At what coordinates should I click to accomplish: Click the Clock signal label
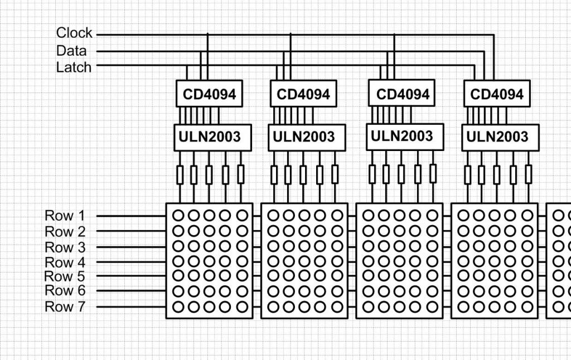pos(74,33)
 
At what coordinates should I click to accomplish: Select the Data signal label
pos(71,51)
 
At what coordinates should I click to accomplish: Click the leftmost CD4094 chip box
pos(209,94)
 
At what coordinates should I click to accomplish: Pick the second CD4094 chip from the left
pos(303,94)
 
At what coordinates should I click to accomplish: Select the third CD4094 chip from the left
pos(403,94)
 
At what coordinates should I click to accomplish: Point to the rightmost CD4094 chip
pos(497,94)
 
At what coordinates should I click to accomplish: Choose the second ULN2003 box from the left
pos(307,137)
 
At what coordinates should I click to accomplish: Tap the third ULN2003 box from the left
pos(405,137)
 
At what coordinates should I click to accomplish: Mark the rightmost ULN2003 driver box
pos(500,137)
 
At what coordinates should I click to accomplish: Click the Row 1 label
pos(65,216)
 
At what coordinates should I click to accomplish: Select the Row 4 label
pos(65,262)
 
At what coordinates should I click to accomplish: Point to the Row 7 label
pos(65,307)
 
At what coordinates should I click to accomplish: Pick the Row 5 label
pos(65,276)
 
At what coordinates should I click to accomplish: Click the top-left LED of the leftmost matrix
pos(178,216)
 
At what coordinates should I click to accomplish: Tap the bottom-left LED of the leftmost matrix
pos(178,307)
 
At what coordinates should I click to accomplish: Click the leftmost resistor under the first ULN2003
pos(180,175)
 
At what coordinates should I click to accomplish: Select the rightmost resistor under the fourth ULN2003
pos(529,174)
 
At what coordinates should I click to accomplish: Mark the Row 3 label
pos(65,247)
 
